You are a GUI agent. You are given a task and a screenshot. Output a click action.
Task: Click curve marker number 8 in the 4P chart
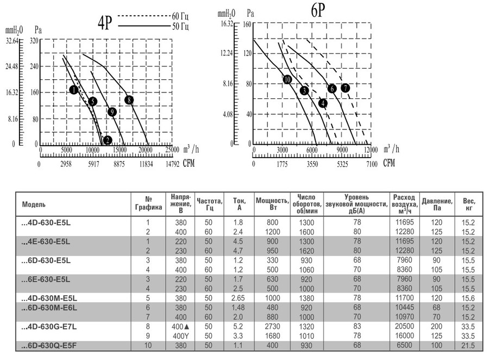pos(129,100)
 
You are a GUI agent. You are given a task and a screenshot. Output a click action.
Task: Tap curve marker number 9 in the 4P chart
pos(112,112)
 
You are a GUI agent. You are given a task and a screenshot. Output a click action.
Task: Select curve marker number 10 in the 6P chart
pos(287,79)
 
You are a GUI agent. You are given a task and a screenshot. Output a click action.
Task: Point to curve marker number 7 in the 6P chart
pos(346,88)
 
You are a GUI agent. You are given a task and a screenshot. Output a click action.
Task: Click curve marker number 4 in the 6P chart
pos(323,103)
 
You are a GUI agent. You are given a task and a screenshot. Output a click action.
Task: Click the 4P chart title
pos(104,22)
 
